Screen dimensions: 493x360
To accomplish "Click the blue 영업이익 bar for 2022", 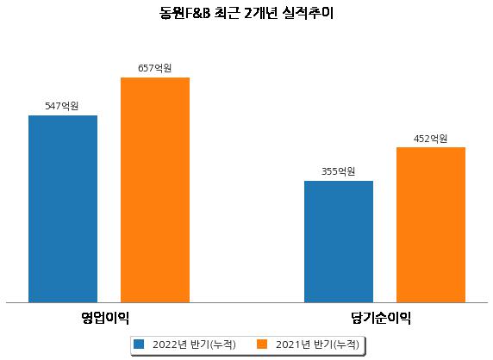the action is (63, 209).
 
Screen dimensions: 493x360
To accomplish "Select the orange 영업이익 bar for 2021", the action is (155, 190).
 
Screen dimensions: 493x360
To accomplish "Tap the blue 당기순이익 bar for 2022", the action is (339, 241).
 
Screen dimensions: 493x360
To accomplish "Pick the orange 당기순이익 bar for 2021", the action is (431, 225).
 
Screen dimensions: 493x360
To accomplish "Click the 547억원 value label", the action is (62, 106).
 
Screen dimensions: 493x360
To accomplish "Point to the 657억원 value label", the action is (154, 68).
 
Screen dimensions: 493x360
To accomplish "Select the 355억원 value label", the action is (339, 171).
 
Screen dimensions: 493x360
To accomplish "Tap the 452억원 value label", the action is (430, 139).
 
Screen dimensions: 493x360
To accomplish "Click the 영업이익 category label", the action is (105, 318).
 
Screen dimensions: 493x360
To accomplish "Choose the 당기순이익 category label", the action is (381, 318).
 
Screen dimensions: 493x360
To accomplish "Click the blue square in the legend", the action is (139, 344).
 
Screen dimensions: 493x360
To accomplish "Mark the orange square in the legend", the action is (262, 344).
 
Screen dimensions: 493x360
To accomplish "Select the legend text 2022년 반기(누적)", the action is (194, 344).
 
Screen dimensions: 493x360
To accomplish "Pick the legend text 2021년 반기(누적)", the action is (317, 344).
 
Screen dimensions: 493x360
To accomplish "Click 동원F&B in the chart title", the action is (184, 14).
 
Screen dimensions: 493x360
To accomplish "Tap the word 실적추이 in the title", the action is (308, 14).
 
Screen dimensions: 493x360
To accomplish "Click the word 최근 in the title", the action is (227, 14).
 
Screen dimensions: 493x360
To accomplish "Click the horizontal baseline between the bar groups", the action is (246, 303).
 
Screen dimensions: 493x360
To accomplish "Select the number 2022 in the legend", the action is (165, 344).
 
